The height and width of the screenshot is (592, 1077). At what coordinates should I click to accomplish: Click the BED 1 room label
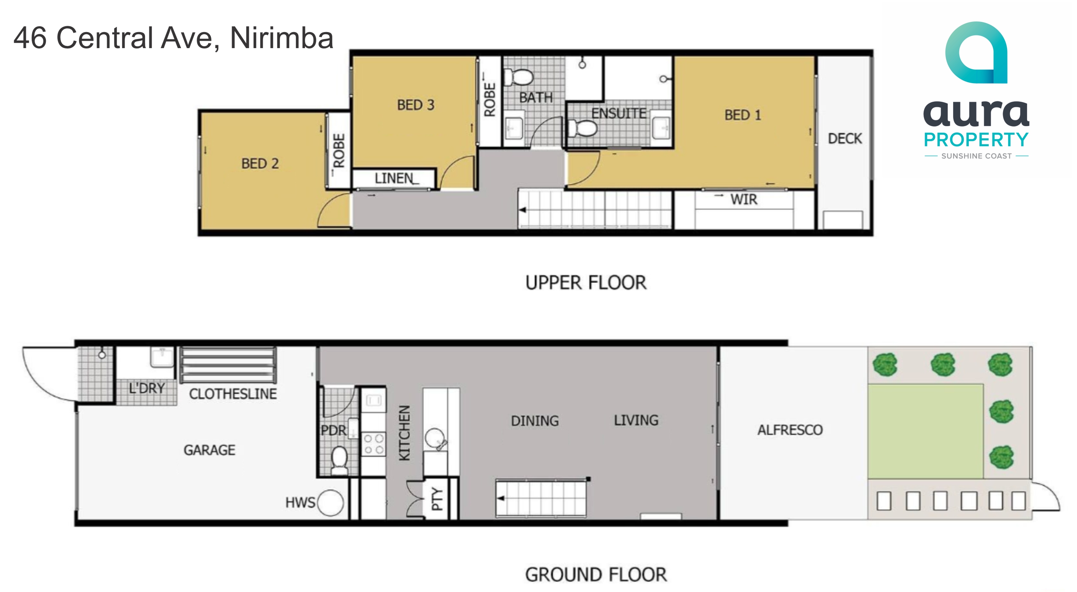[x=743, y=115]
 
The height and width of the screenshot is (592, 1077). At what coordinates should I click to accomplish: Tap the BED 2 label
[x=260, y=164]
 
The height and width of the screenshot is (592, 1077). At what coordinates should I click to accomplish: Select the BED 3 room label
[x=416, y=105]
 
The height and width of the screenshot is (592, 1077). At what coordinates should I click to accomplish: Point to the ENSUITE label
[x=618, y=113]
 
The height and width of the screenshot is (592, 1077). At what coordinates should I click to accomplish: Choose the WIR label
[x=744, y=199]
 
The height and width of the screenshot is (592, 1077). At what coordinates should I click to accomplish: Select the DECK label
[x=845, y=139]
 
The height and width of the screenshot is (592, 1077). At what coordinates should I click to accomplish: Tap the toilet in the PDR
[x=339, y=460]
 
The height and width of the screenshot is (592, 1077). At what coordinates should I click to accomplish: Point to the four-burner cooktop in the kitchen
[x=373, y=444]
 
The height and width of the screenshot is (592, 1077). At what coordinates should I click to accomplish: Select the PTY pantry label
[x=436, y=499]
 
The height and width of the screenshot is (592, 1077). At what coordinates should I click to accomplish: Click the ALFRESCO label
[x=790, y=430]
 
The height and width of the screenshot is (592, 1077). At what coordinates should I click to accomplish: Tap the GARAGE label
[x=209, y=450]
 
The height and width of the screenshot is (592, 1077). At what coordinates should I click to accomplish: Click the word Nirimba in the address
[x=281, y=38]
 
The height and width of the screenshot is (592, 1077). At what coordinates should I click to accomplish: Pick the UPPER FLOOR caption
[x=586, y=283]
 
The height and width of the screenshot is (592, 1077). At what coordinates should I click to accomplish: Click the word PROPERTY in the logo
[x=976, y=140]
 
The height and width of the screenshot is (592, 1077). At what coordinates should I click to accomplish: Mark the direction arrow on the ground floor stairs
[x=501, y=498]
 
